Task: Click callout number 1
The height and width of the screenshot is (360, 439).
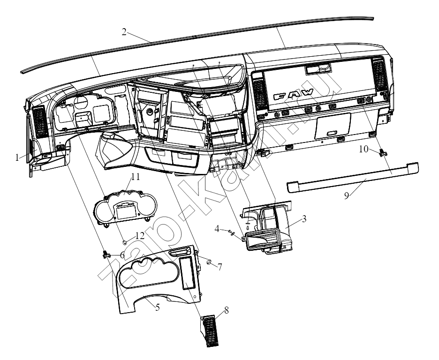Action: (x=17, y=158)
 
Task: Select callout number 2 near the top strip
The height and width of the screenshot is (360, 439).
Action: (x=124, y=32)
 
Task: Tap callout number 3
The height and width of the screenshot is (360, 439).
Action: (x=304, y=218)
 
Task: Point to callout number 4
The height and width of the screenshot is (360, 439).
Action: (x=217, y=229)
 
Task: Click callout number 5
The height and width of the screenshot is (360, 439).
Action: (x=158, y=307)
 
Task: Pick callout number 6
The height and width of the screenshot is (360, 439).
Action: (x=122, y=255)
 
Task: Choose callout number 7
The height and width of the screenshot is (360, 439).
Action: (x=220, y=267)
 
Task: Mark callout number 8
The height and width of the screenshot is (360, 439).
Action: (x=226, y=310)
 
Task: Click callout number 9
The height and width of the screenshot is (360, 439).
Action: (x=347, y=195)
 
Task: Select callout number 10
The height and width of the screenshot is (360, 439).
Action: (x=363, y=149)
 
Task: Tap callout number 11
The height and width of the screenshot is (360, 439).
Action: (x=136, y=177)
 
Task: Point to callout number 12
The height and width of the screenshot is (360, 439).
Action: (x=140, y=235)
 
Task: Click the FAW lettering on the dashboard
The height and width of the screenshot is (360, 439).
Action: (x=293, y=94)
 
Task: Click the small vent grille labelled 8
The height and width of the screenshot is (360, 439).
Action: (x=210, y=331)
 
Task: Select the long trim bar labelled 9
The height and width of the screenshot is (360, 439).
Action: (x=353, y=177)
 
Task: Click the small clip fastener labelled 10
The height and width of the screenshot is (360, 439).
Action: (x=382, y=153)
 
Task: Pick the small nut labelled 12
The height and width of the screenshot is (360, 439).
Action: (x=125, y=242)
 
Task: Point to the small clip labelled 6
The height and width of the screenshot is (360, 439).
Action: (x=106, y=255)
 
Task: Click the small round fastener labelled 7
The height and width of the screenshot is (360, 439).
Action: (x=208, y=262)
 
